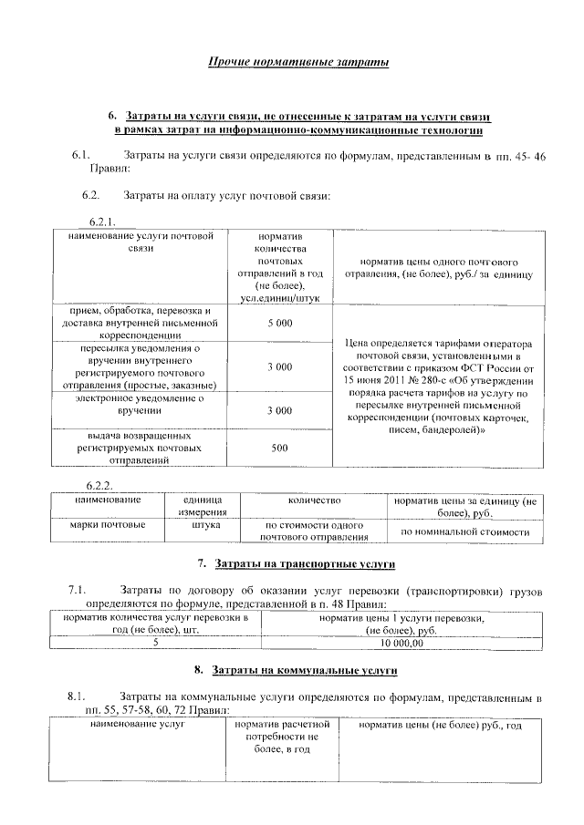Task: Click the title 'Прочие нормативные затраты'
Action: (297, 62)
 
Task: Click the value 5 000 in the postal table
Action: (280, 324)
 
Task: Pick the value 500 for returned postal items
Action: (280, 448)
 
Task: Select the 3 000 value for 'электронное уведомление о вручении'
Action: (280, 411)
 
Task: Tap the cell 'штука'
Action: (201, 525)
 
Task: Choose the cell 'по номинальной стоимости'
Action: (465, 531)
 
